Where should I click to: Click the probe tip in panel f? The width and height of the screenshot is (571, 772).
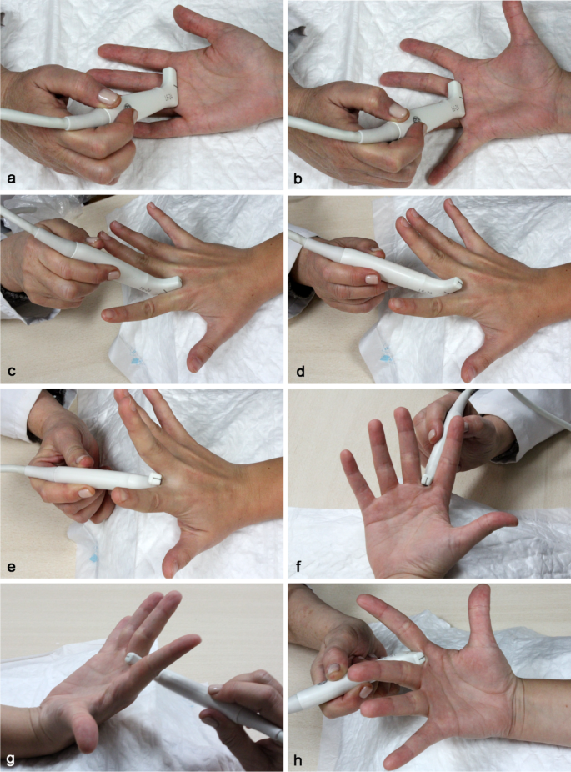coord(428,479)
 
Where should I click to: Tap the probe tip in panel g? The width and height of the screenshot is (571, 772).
coord(132,659)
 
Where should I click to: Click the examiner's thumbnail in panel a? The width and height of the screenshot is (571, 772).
coord(107,98)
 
